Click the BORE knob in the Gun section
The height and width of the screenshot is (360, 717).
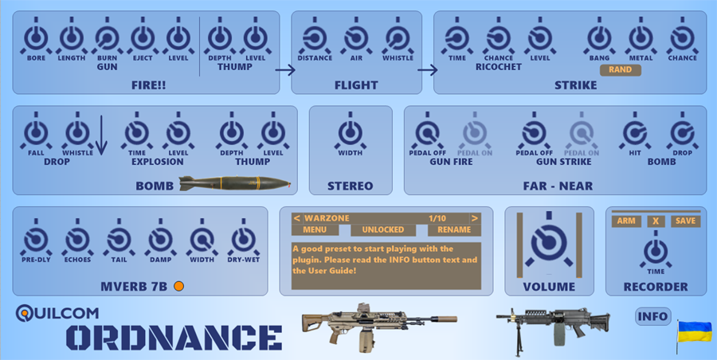(x=36, y=38)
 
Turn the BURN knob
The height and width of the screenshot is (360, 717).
(x=107, y=38)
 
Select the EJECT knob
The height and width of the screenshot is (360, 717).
(x=143, y=38)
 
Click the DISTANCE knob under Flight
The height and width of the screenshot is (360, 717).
(x=315, y=38)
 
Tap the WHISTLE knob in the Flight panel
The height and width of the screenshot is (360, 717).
(x=398, y=38)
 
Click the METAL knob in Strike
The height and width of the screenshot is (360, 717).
(x=641, y=38)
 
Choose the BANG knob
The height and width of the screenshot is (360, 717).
(x=599, y=38)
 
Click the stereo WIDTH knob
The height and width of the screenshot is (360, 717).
(x=351, y=133)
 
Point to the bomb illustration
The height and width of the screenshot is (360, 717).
(x=234, y=183)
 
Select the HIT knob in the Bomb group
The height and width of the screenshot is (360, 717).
(x=635, y=133)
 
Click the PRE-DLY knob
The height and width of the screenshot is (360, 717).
(x=36, y=240)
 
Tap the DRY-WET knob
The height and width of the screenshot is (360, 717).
(x=243, y=240)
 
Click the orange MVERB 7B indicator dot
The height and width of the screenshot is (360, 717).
(x=178, y=287)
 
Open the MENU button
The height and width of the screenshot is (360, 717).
(x=315, y=230)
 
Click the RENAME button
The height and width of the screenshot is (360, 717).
(x=454, y=230)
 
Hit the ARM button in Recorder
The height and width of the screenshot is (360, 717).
(x=626, y=221)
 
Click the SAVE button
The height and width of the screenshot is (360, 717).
(x=685, y=221)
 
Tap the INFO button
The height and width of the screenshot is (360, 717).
(x=653, y=316)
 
